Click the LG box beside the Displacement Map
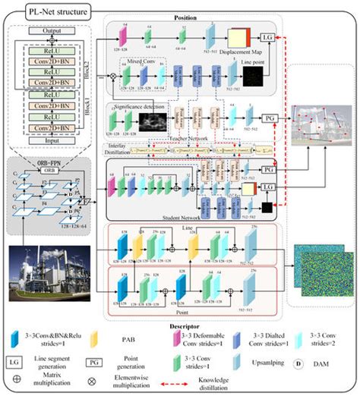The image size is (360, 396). (269, 36)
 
